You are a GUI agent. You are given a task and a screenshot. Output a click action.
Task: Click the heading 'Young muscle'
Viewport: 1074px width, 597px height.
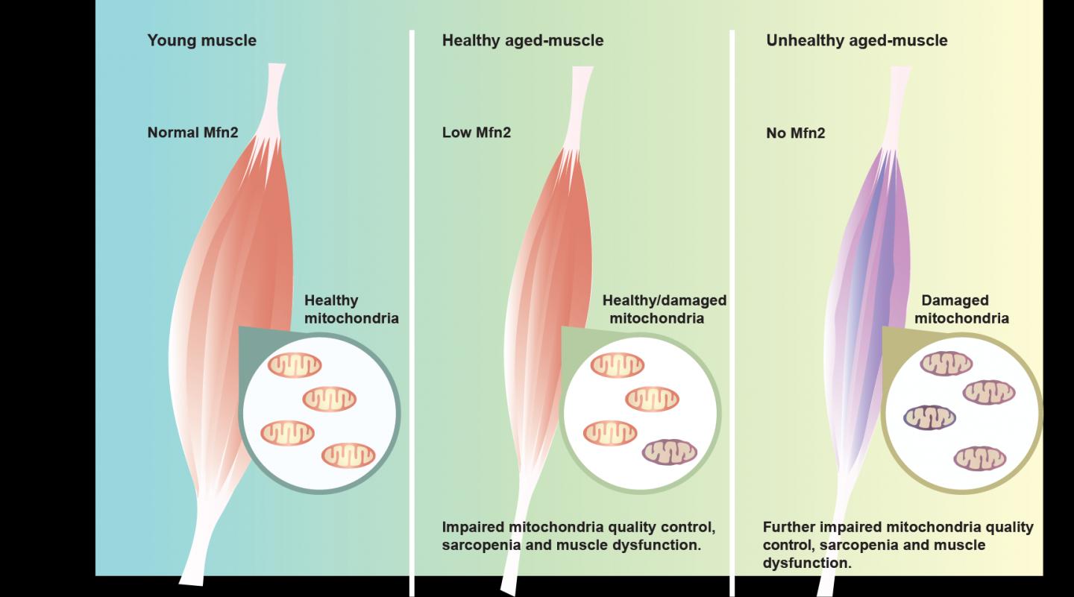[x=201, y=41]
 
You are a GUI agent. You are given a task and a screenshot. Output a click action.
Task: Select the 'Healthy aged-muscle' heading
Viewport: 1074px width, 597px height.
[x=522, y=41]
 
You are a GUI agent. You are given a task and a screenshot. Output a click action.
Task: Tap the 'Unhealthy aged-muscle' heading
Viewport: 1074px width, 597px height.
[x=856, y=41]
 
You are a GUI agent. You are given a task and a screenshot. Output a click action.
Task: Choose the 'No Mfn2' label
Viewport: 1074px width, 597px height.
[x=795, y=133]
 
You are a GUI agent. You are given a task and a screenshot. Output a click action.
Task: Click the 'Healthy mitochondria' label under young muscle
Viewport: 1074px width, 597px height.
[x=351, y=309]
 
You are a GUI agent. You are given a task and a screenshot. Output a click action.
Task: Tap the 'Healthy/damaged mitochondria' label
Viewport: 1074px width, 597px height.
[x=664, y=309]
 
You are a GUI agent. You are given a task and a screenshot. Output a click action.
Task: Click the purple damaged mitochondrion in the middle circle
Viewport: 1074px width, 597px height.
[x=669, y=452]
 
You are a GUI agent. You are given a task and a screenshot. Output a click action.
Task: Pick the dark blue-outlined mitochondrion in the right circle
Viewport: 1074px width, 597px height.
[x=929, y=417]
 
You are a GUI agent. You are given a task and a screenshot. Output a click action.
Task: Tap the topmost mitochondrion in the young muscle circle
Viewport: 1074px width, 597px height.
[x=295, y=365]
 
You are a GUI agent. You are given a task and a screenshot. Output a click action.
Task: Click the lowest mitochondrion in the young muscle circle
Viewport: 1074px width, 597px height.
[x=348, y=455]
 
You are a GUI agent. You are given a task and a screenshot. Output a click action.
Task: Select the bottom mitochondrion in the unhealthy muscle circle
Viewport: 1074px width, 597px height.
[x=979, y=458]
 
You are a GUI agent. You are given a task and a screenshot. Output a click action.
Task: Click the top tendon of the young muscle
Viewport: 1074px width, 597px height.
[x=274, y=93]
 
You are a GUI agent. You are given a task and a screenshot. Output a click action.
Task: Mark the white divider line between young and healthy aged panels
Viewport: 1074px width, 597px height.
[x=412, y=298]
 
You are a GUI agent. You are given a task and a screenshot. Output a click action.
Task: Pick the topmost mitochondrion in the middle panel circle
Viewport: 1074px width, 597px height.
[x=617, y=365]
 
